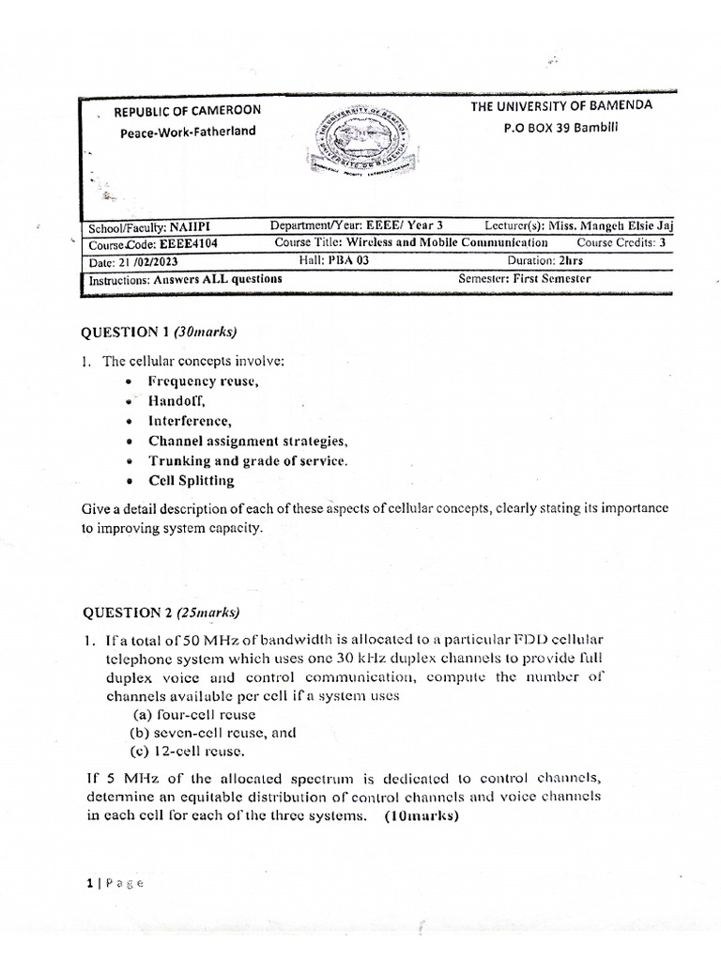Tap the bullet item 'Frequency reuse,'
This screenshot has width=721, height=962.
point(203,381)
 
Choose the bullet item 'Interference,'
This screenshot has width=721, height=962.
point(190,421)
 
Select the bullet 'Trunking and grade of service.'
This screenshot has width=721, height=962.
point(248,460)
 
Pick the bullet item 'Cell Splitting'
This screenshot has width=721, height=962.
point(192,480)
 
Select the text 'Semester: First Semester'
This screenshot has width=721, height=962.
point(524,278)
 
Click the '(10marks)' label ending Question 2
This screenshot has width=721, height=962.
point(421,815)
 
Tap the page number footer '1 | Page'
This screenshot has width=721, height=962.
point(112,882)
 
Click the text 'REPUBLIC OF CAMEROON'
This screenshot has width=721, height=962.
point(188,112)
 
